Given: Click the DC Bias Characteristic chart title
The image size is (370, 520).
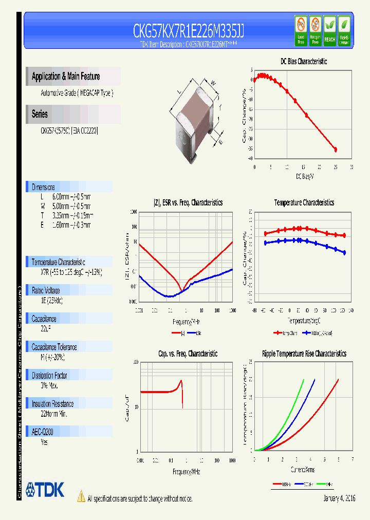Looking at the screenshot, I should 303,62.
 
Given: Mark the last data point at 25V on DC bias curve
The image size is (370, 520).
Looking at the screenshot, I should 336,150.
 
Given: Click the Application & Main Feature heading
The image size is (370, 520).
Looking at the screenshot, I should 66,77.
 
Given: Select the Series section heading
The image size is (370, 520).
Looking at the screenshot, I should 40,114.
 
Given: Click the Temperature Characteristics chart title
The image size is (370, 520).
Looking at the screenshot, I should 304,203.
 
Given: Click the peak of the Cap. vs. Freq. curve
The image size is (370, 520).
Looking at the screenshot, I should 181,381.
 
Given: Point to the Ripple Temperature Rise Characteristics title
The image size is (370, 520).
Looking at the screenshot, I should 304,354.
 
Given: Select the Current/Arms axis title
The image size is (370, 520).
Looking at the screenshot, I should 302,470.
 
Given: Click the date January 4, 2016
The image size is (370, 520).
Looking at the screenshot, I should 339,498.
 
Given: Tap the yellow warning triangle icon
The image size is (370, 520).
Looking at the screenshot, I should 81,496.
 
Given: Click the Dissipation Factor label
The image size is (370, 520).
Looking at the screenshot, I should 49,376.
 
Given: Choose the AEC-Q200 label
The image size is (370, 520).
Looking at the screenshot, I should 43,433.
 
